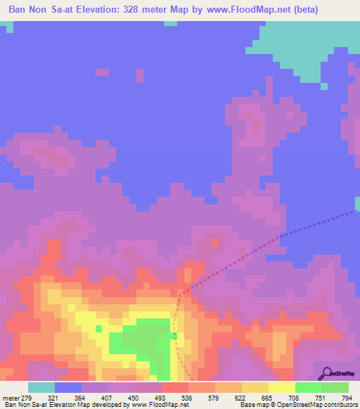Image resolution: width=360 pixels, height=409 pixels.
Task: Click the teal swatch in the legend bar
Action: (41, 387)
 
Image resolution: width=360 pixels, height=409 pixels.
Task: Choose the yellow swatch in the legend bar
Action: (281, 387)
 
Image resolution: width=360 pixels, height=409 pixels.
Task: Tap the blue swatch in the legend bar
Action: (68, 387)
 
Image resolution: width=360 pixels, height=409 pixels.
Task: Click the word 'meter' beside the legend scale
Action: (11, 398)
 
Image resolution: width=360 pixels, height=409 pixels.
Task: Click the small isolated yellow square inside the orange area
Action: (99, 327)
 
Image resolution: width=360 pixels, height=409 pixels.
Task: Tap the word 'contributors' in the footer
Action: (337, 405)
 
